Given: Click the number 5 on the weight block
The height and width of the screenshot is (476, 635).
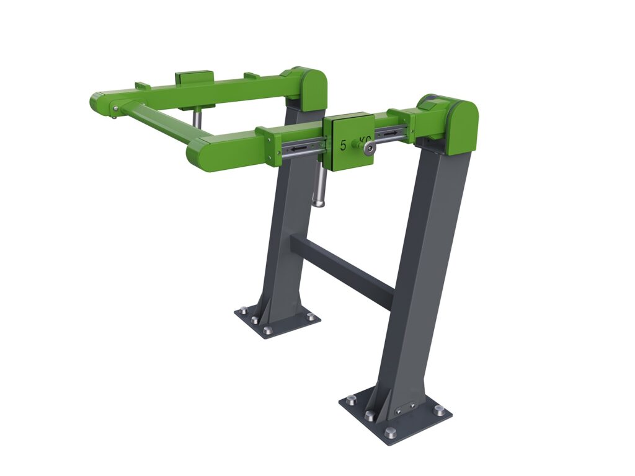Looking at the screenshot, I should coord(344,146).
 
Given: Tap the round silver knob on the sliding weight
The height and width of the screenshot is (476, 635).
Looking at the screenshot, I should coord(369,148).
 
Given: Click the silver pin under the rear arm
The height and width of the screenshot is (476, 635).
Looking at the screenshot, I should coord(197,118).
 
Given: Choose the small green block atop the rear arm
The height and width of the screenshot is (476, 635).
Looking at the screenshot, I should coord(194,78).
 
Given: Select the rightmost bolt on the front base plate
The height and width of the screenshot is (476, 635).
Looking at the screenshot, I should coord(439,410).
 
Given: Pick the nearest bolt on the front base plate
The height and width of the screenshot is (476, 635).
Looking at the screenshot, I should coord(390,433).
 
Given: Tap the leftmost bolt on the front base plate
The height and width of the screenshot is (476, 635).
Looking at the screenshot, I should coord(351,400).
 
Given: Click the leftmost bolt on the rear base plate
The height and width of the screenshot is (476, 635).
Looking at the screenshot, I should coord(243,311).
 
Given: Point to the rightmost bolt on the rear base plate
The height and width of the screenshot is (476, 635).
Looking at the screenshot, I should coord(311,316).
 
